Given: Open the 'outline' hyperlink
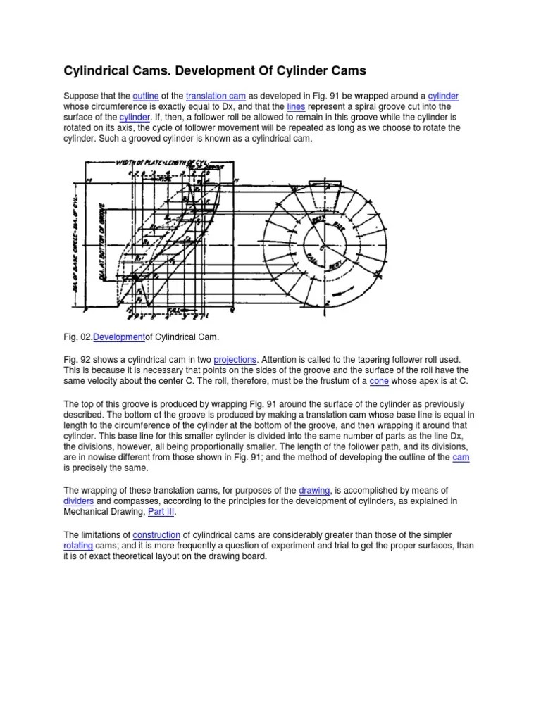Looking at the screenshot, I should pos(147,96).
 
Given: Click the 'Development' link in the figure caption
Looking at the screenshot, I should pos(119,337).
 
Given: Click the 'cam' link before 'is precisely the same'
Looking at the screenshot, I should pos(461,458).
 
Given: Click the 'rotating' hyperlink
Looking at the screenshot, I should pos(78,545).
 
